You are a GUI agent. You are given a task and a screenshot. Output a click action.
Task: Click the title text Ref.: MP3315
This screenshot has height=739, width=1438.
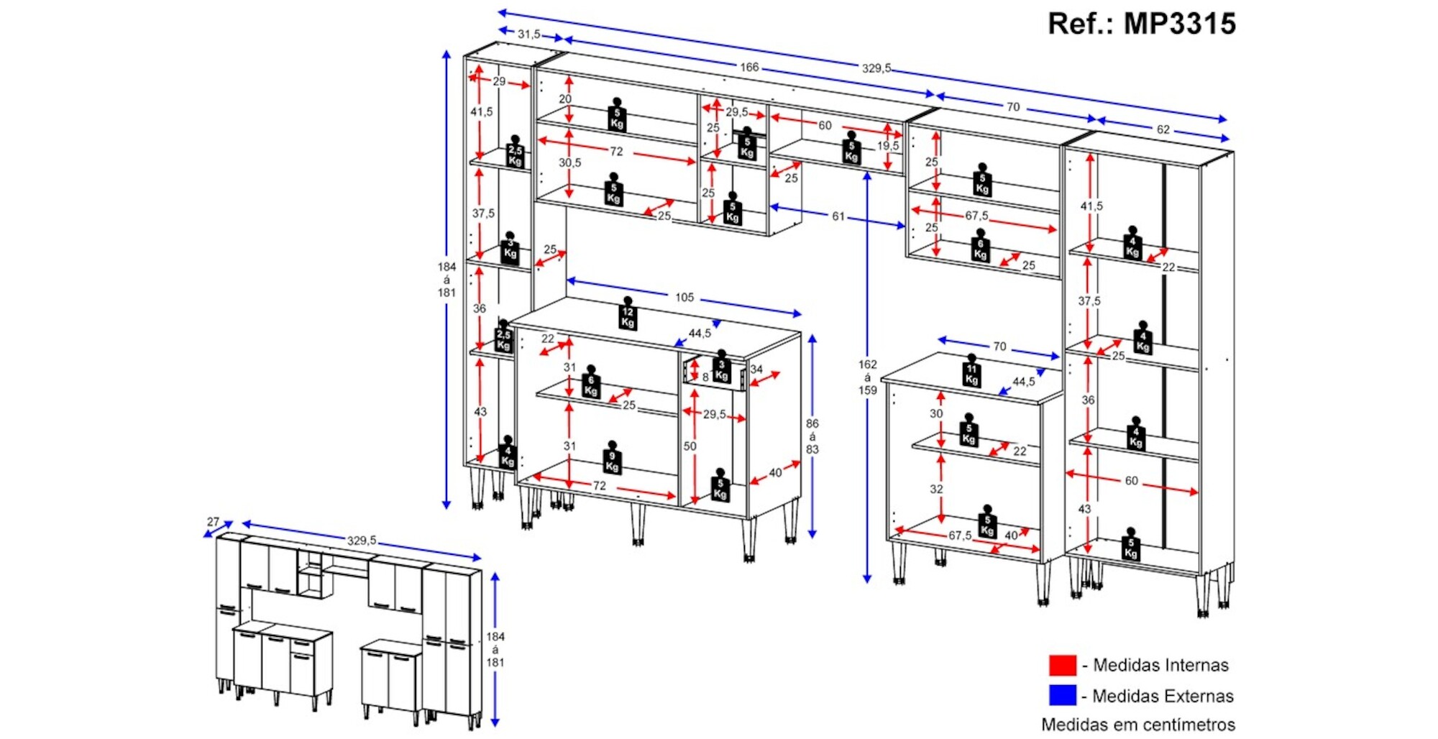click(1141, 24)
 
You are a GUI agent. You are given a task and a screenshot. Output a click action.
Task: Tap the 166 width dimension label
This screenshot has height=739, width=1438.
click(749, 67)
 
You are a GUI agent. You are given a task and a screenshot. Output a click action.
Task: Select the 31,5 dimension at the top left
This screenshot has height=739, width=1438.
click(528, 34)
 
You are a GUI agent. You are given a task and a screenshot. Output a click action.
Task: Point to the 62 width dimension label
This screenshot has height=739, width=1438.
click(1163, 129)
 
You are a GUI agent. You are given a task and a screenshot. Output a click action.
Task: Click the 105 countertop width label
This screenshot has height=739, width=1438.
click(684, 297)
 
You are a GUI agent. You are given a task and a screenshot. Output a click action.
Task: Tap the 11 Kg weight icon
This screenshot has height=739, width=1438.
click(971, 372)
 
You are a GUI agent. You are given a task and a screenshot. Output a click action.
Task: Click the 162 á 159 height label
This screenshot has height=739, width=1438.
click(868, 377)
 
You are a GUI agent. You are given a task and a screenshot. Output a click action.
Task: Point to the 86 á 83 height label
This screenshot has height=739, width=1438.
click(812, 436)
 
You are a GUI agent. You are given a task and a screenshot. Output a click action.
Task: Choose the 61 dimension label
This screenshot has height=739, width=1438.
click(838, 216)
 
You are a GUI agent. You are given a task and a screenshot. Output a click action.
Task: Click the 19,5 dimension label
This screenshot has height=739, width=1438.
click(888, 145)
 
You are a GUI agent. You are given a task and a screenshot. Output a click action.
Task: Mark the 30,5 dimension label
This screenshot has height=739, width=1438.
click(569, 162)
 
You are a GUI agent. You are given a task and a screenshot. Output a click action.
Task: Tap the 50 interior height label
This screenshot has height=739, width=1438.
click(690, 446)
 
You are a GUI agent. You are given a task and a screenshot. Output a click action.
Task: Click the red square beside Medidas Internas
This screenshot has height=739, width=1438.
click(1062, 665)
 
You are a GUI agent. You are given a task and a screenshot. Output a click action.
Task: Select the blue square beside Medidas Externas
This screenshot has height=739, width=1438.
click(1062, 695)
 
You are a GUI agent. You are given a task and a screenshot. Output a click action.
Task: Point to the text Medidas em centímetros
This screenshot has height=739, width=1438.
click(1138, 724)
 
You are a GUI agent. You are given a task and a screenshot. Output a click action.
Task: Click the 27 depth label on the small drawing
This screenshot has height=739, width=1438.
click(213, 522)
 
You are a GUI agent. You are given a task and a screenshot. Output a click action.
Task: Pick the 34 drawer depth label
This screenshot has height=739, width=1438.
click(756, 369)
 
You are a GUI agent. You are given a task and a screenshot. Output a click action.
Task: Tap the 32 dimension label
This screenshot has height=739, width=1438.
click(936, 489)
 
